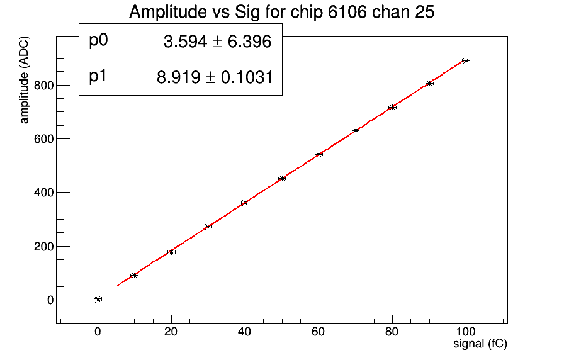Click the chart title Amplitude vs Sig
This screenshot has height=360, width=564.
pyautogui.click(x=281, y=12)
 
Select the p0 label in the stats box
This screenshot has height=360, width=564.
pyautogui.click(x=99, y=41)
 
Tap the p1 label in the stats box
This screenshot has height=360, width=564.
pyautogui.click(x=99, y=77)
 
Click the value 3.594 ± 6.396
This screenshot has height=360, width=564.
pyautogui.click(x=217, y=42)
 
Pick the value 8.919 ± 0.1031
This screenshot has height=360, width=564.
pyautogui.click(x=215, y=77)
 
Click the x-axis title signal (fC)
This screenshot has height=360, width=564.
pyautogui.click(x=480, y=344)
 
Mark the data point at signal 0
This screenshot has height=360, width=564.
pyautogui.click(x=98, y=299)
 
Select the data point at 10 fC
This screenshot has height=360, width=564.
pyautogui.click(x=134, y=275)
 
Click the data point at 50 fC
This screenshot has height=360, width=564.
pyautogui.click(x=282, y=178)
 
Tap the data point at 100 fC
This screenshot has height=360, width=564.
pyautogui.click(x=466, y=60)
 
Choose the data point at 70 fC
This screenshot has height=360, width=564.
pyautogui.click(x=356, y=130)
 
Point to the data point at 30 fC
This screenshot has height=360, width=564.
pyautogui.click(x=208, y=227)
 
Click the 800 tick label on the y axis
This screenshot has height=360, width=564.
pyautogui.click(x=43, y=85)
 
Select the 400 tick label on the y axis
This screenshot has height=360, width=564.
pyautogui.click(x=43, y=192)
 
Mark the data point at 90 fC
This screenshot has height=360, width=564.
pyautogui.click(x=429, y=83)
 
